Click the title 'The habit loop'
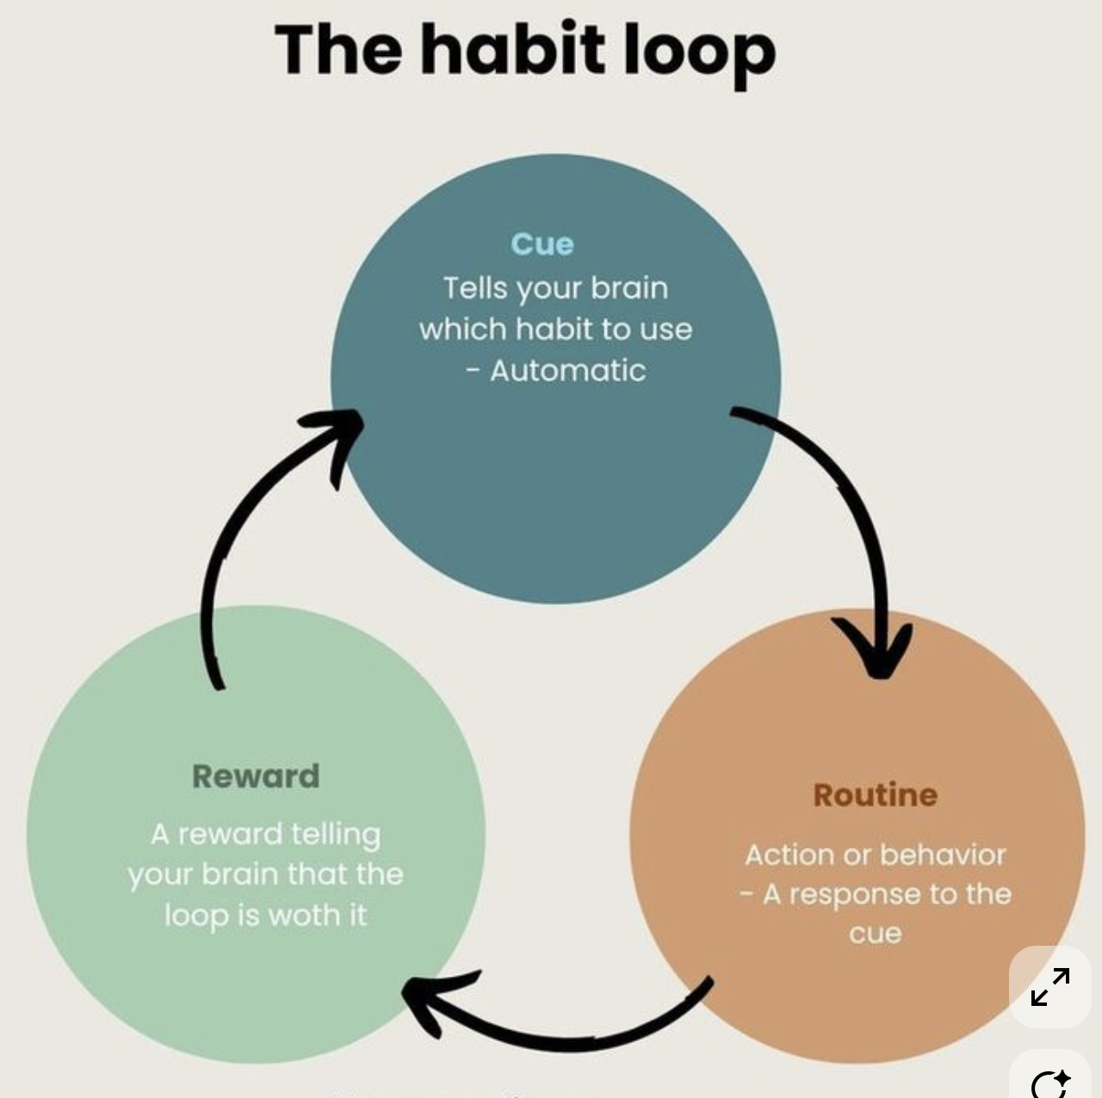(x=525, y=50)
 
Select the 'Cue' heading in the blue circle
(x=542, y=244)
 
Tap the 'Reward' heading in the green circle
(x=256, y=776)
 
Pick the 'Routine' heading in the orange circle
(x=875, y=795)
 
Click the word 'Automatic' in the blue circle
(x=568, y=371)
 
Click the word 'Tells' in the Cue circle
(x=475, y=288)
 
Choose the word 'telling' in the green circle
(x=335, y=835)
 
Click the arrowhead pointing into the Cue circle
(x=340, y=430)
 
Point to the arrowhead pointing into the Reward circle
(x=430, y=998)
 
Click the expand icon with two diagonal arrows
(x=1050, y=987)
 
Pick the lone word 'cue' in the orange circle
(x=875, y=934)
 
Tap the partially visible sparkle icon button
(x=1050, y=1081)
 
